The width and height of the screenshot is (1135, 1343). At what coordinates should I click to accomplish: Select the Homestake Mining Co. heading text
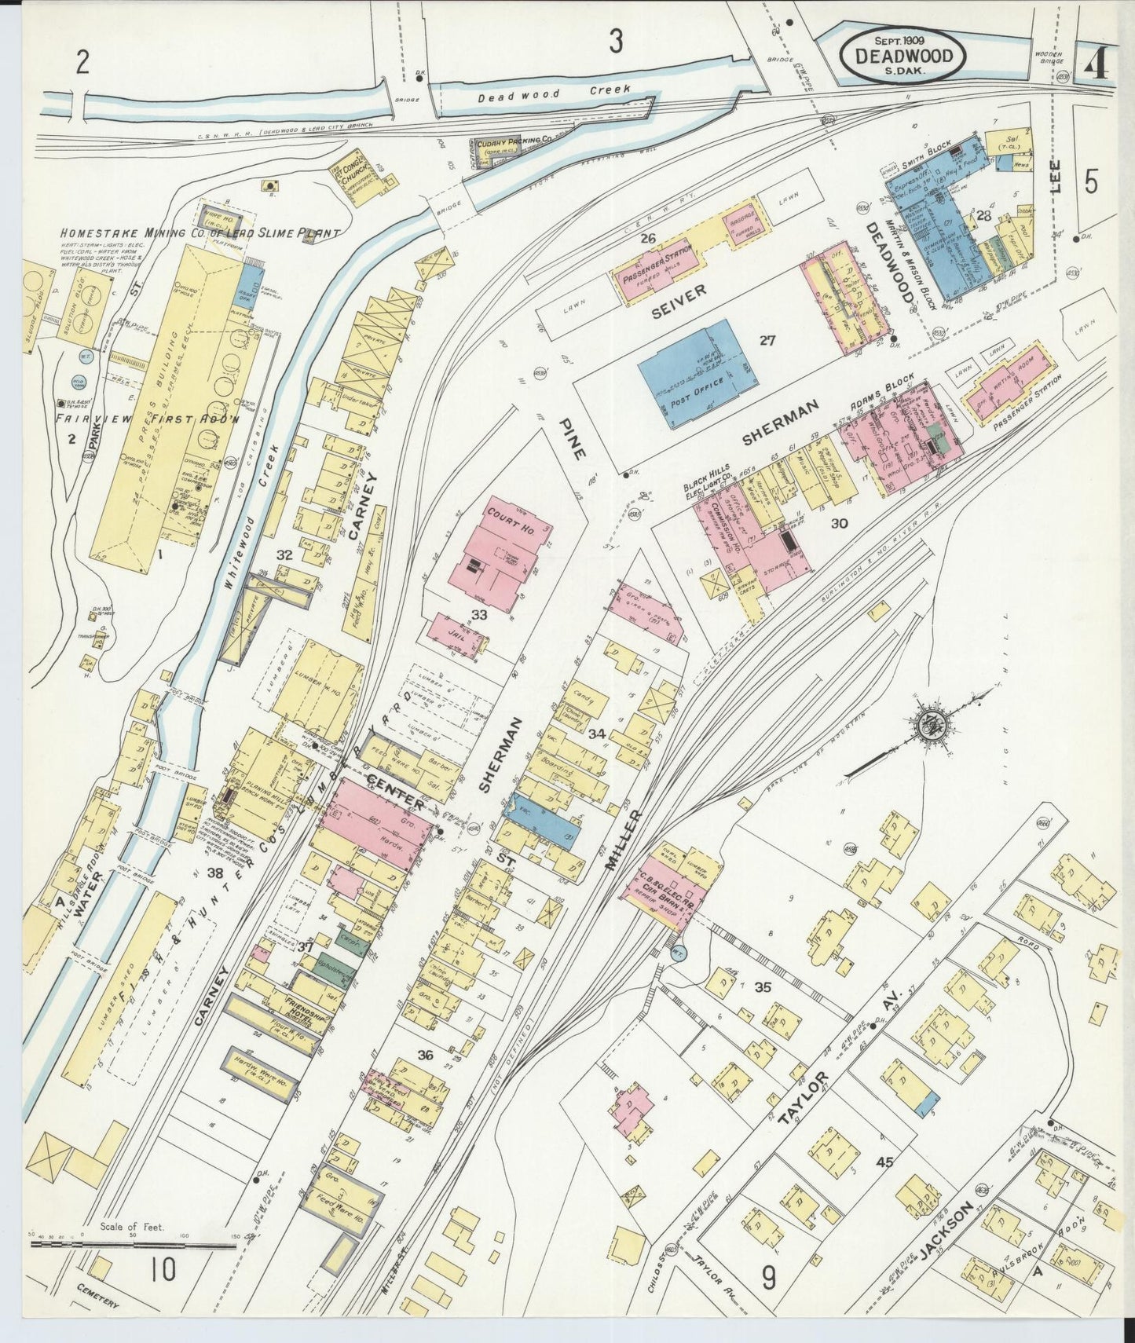tap(200, 233)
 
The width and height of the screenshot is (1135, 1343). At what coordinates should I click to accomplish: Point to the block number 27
tap(767, 341)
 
